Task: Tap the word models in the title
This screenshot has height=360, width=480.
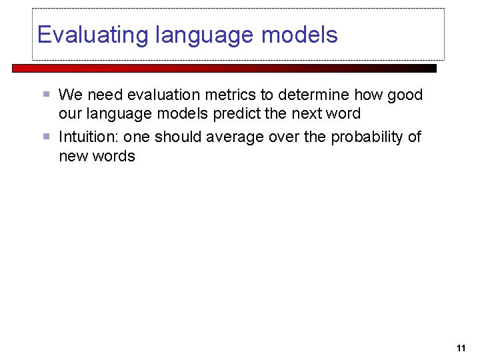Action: point(303,35)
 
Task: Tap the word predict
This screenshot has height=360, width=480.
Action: point(237,113)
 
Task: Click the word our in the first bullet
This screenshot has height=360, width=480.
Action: point(70,113)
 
